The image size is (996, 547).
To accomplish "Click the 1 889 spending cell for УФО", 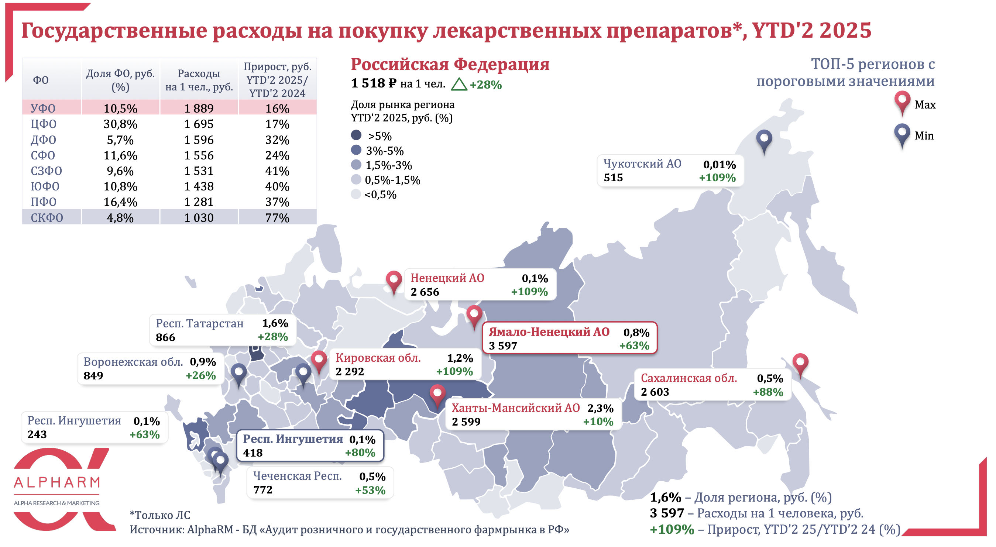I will (198, 108).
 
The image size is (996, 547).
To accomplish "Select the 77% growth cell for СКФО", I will (277, 218).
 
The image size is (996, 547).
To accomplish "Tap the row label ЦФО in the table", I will (44, 124).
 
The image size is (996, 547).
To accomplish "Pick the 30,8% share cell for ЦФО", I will (120, 124).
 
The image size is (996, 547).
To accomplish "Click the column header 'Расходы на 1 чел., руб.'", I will (199, 80).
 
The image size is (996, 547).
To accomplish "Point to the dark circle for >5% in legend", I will (356, 135).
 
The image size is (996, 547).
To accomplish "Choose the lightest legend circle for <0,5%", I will (356, 194).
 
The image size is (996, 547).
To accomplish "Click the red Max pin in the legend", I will (902, 102).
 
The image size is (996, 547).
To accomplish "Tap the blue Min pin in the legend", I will (902, 134).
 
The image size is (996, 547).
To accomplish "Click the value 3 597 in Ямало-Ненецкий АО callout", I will (503, 345).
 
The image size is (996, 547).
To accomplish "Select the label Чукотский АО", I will (642, 164).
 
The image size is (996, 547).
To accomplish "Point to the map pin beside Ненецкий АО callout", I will (394, 281).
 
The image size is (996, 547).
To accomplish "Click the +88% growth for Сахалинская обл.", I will (767, 392).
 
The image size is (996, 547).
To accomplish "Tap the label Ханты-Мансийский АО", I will (515, 408).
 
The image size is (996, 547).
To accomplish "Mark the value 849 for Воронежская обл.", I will (93, 375).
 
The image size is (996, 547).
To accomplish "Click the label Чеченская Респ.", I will (297, 476).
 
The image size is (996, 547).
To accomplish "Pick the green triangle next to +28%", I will (459, 85).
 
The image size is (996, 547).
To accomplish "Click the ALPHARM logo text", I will (57, 482).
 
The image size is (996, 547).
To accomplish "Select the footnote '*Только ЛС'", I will (160, 515).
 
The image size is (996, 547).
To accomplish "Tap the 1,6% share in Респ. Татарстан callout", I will (275, 323).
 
